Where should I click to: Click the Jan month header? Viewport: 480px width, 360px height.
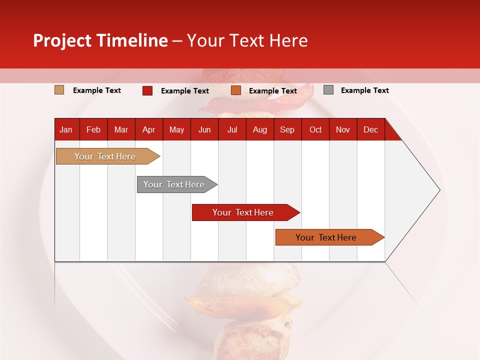66,129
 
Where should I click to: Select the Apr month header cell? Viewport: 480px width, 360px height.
149,129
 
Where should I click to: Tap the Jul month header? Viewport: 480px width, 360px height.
232,129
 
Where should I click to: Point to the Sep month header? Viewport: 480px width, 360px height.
287,129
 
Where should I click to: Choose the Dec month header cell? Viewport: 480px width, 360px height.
370,129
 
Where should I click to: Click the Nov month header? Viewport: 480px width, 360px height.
343,129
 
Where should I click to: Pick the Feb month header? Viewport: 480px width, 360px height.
93,129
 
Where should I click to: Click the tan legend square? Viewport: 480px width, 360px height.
59,90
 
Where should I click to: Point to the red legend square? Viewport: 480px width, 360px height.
147,90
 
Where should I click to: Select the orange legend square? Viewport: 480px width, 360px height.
236,90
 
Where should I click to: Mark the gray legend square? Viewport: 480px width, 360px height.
328,90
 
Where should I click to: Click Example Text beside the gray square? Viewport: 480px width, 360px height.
364,90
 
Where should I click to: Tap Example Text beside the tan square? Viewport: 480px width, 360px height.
97,90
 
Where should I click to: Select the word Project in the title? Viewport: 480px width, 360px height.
62,40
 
